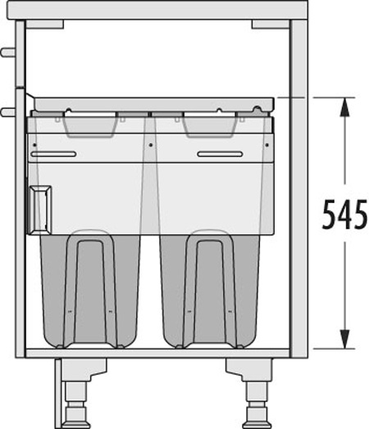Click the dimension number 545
click(x=344, y=214)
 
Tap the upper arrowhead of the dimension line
click(x=344, y=106)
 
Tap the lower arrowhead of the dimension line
click(x=344, y=339)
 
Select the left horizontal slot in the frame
click(x=53, y=154)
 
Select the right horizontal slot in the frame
click(x=221, y=154)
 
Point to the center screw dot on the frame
click(x=150, y=145)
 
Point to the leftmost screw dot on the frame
click(x=34, y=145)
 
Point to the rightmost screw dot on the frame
click(x=266, y=145)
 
